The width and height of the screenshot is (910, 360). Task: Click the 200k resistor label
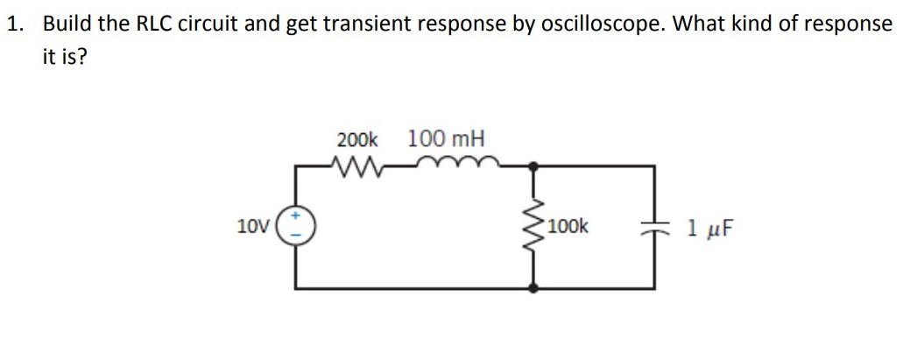[x=357, y=139]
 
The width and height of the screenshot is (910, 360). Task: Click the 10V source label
[x=252, y=227]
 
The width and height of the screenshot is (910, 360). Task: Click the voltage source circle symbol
[x=295, y=227]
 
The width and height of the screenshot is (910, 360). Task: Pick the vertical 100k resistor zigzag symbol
[x=536, y=227]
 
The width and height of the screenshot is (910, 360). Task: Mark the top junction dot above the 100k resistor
[x=536, y=164]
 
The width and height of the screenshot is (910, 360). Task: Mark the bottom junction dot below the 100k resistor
[x=536, y=287]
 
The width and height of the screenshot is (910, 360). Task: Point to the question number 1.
[x=14, y=24]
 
